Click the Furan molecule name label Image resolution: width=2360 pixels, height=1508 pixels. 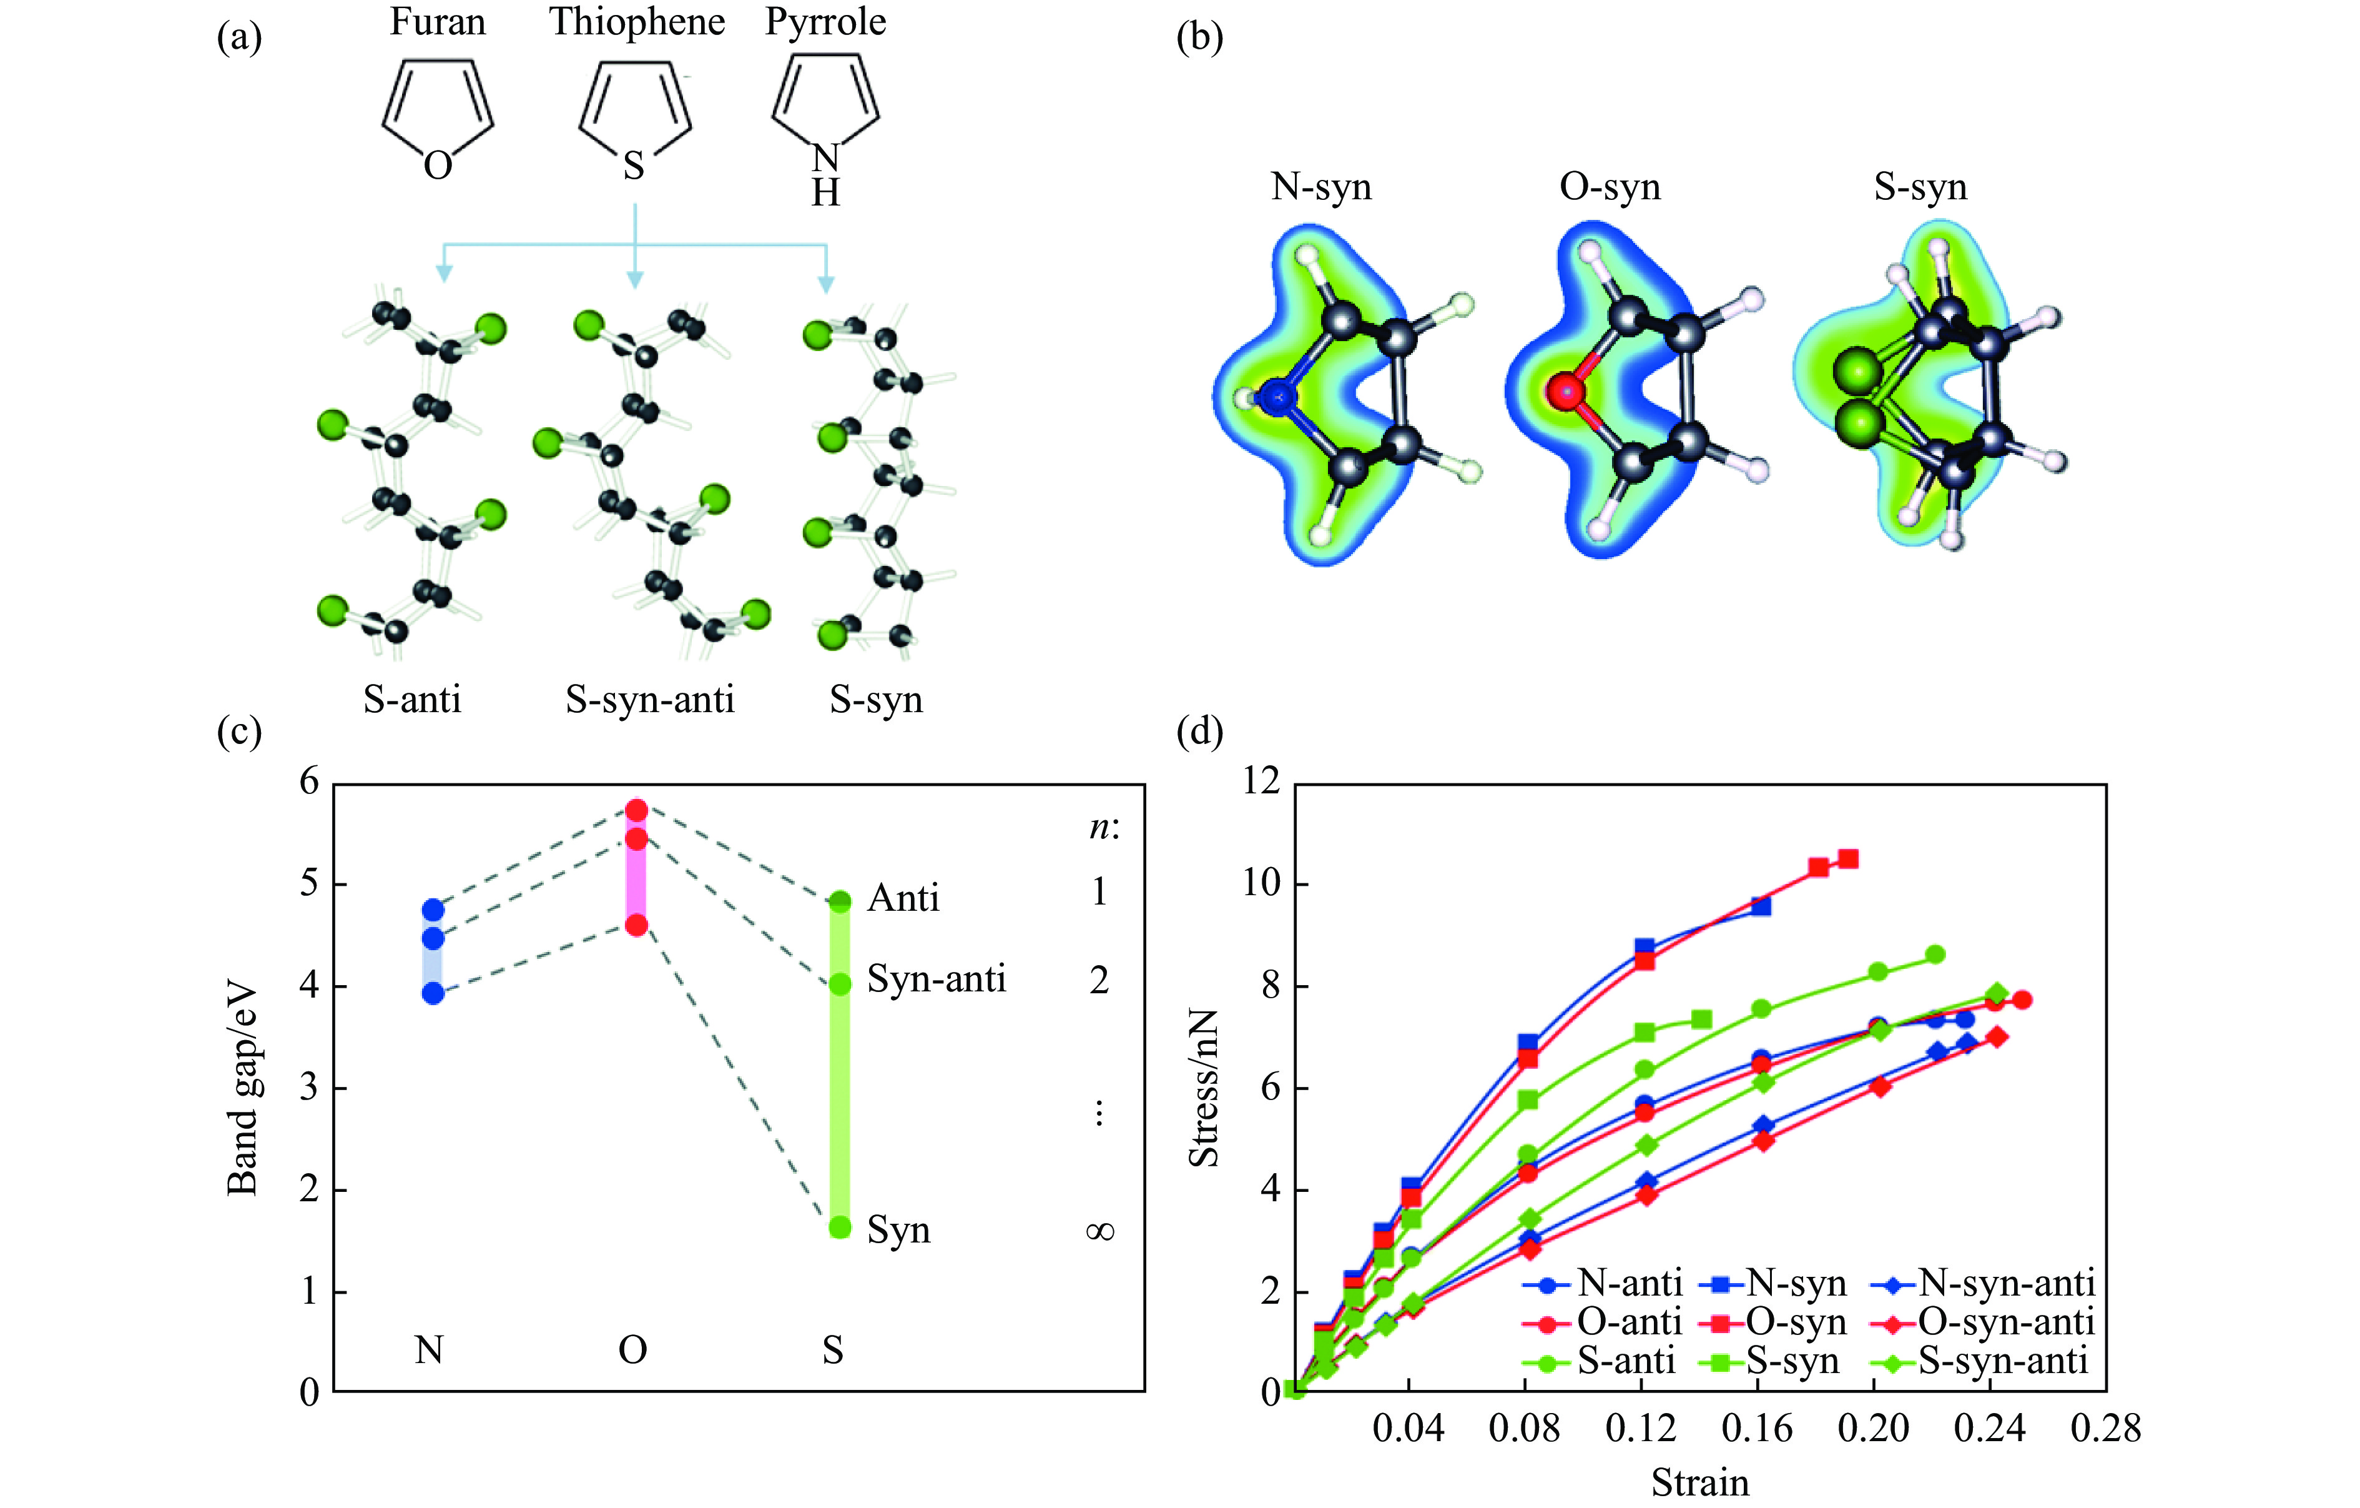click(437, 22)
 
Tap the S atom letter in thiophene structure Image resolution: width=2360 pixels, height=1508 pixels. click(634, 166)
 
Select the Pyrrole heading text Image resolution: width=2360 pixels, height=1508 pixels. click(825, 22)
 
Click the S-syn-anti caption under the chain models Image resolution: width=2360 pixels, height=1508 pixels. click(650, 699)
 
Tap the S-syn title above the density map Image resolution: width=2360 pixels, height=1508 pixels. click(1920, 186)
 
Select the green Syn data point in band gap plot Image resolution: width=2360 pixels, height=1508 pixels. click(840, 1227)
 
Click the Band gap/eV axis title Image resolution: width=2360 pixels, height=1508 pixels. click(242, 1088)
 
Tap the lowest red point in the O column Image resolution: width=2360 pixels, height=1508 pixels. click(636, 925)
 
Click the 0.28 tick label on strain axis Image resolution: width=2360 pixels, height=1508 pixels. click(2106, 1429)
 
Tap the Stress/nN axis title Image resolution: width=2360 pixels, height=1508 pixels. click(1204, 1088)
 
